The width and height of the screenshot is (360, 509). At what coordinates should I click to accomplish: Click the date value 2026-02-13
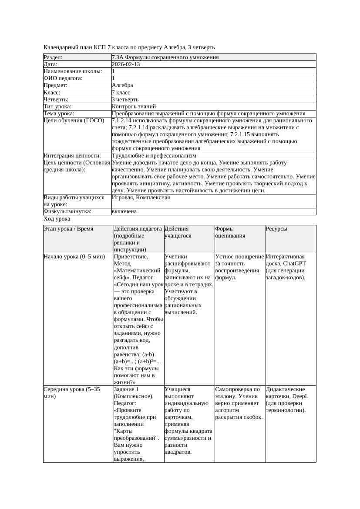click(126, 64)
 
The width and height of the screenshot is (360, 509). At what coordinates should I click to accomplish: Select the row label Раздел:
click(53, 57)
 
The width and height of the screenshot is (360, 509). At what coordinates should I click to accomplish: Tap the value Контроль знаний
click(134, 107)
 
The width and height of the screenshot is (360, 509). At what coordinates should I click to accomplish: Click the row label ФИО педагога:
click(63, 78)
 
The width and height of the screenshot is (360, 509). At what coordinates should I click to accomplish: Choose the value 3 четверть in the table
click(125, 100)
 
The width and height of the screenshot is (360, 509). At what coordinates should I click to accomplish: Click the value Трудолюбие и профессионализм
click(154, 156)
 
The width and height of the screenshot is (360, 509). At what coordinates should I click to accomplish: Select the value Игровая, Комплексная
click(141, 198)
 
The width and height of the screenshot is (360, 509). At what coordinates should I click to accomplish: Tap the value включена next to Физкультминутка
click(124, 211)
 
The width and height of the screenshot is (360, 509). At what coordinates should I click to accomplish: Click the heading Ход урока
click(57, 219)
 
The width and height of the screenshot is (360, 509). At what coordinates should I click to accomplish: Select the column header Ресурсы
click(276, 229)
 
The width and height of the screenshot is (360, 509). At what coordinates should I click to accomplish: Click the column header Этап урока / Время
click(68, 229)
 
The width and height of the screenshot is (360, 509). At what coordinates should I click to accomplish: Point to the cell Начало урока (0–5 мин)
click(74, 257)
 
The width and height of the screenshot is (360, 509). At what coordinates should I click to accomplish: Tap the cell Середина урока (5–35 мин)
click(72, 393)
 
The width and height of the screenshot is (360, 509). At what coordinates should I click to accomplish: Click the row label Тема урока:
click(59, 114)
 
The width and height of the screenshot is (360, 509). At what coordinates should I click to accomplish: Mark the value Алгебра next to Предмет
click(122, 85)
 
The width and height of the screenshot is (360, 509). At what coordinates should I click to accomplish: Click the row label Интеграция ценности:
click(72, 156)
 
